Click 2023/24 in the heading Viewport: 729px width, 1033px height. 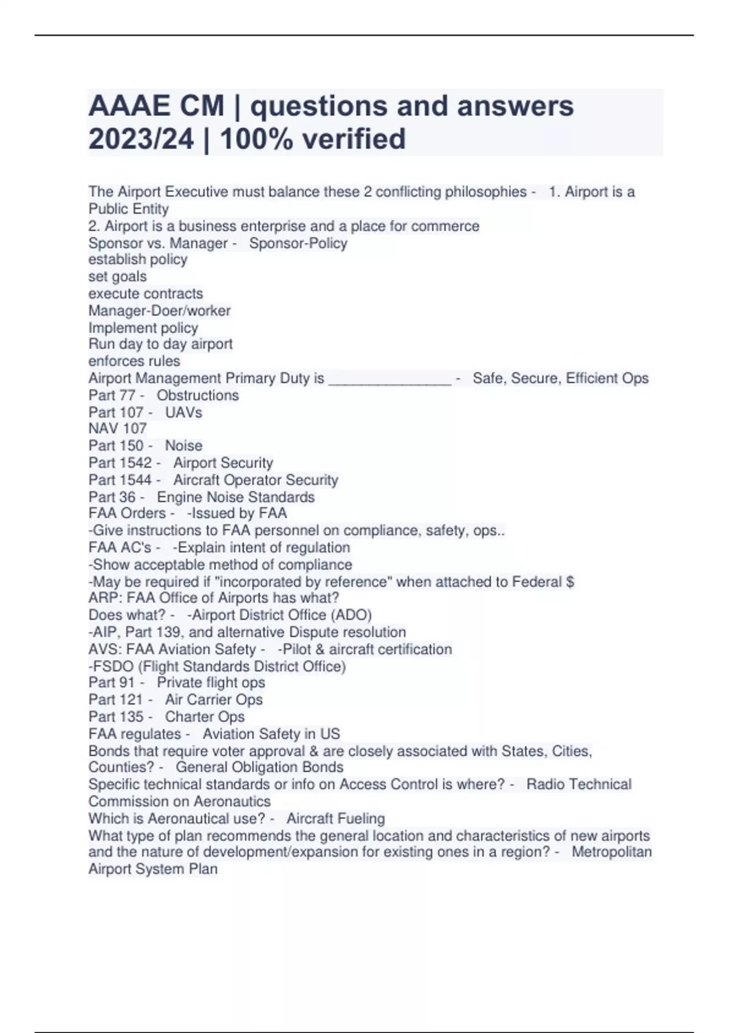click(141, 139)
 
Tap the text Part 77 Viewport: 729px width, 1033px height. click(112, 396)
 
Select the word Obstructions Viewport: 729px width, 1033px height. click(197, 396)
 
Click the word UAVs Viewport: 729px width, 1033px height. click(183, 413)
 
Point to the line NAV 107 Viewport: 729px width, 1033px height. click(117, 429)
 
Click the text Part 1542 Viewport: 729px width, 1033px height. click(120, 463)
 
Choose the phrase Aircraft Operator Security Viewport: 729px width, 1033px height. click(255, 480)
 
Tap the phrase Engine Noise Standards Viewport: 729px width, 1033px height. click(236, 497)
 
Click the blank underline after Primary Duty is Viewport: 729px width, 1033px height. click(389, 379)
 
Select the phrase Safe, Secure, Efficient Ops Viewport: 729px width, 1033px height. click(560, 379)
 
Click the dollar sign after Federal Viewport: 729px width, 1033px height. click(570, 582)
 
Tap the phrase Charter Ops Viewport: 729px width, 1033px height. click(205, 717)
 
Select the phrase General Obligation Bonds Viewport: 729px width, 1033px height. click(259, 767)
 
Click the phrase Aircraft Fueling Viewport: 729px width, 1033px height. click(335, 819)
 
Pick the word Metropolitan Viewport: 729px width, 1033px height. click(611, 852)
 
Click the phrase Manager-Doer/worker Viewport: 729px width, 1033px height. click(159, 311)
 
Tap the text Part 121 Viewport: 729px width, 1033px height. click(115, 700)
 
